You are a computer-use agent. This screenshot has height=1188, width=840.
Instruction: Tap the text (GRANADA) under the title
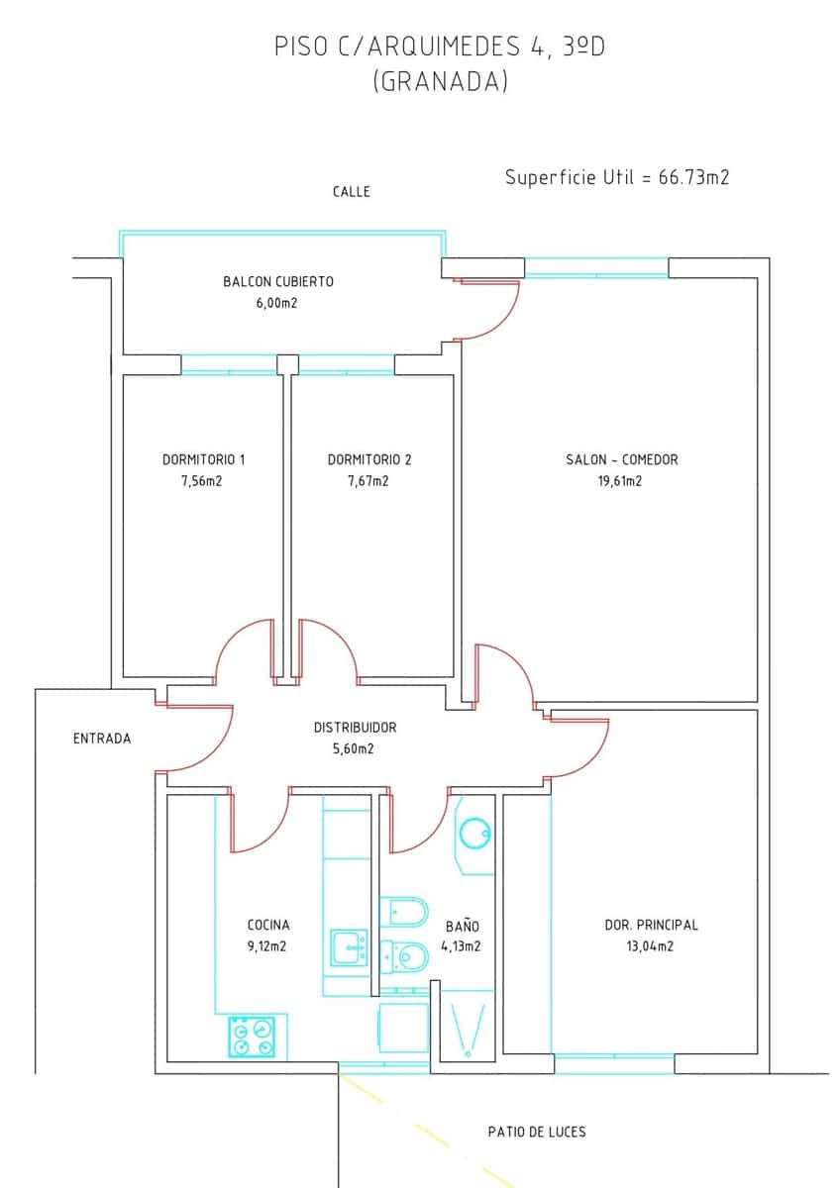(440, 82)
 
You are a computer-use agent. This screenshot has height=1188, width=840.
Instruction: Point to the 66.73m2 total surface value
(693, 177)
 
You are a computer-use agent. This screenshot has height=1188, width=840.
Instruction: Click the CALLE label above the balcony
(351, 191)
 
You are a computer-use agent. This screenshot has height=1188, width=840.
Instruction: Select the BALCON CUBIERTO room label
(277, 281)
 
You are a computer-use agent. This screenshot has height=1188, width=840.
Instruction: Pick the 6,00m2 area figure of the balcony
(276, 303)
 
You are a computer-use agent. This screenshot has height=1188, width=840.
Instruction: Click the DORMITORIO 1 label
(203, 459)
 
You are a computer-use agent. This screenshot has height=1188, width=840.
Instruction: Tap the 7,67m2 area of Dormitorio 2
(367, 481)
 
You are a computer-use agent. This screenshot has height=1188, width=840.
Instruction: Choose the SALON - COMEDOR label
(621, 459)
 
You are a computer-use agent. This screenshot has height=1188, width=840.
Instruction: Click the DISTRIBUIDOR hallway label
(355, 727)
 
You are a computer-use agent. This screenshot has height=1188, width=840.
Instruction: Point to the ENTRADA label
(101, 738)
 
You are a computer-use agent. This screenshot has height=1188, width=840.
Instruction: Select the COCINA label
(267, 925)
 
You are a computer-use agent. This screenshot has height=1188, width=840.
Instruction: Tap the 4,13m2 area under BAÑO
(461, 946)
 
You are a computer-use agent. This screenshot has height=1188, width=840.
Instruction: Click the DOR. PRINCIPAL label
(651, 925)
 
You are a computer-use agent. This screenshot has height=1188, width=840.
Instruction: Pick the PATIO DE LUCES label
(537, 1131)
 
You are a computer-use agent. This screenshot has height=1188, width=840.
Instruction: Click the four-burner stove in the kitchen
(252, 1038)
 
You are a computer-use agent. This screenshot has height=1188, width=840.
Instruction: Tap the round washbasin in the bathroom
(474, 834)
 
